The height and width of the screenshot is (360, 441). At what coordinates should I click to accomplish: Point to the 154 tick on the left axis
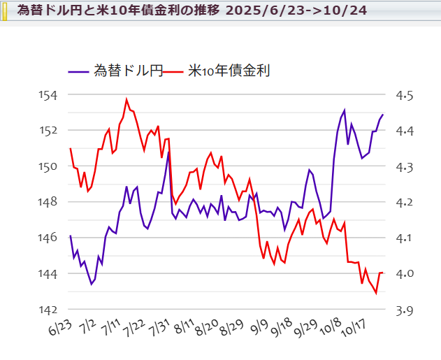coord(56,95)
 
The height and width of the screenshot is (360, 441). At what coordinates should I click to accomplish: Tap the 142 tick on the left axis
coord(56,310)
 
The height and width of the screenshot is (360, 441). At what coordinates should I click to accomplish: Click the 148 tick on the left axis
coord(56,203)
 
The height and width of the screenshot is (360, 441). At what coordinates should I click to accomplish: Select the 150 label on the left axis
coord(56,167)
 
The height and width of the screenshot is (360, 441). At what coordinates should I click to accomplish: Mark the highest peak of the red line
coord(126,99)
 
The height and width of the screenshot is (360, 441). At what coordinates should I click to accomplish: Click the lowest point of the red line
coord(376,293)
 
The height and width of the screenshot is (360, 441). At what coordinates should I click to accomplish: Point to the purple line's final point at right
coord(383,115)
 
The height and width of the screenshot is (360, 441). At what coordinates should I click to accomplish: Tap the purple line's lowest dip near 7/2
coord(92,285)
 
